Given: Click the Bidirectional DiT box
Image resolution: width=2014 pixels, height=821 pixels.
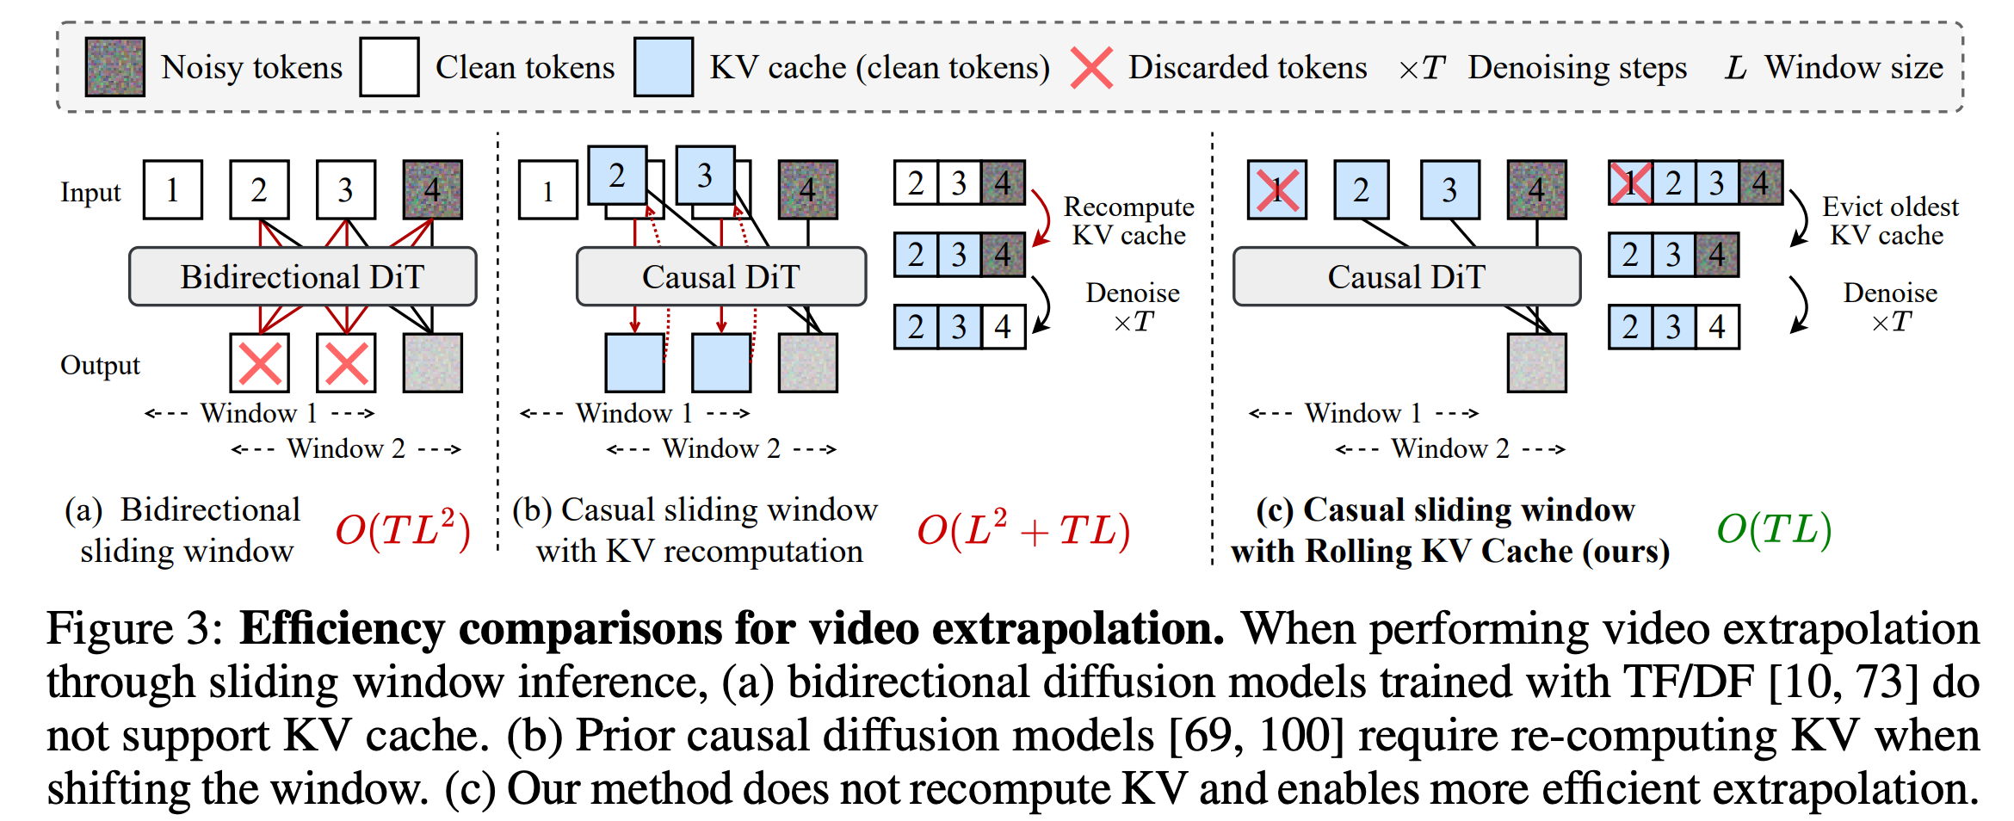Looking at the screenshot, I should pos(302,277).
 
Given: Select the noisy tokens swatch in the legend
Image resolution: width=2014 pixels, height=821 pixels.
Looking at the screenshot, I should pos(114,66).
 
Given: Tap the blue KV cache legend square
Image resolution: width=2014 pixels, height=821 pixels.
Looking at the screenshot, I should pos(663,66).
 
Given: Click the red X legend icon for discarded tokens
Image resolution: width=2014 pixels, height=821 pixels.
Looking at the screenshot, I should pos(1091,67).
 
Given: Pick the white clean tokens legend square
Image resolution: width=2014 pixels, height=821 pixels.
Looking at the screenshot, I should pos(389,66).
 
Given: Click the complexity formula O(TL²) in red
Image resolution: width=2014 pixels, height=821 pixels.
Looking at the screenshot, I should pos(403,529).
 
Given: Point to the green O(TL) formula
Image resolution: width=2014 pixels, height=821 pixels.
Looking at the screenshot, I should pos(1774,528).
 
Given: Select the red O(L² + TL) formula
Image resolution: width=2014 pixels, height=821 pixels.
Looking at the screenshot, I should pos(1022,529).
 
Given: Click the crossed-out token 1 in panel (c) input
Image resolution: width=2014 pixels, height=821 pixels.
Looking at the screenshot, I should pos(1277,189).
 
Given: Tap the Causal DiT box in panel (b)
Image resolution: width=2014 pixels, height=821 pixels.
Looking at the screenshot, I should pos(721,277).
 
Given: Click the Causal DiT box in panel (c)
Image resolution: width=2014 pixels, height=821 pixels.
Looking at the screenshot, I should pos(1406,277).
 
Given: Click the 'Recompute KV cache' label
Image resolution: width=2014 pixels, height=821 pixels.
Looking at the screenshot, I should pos(1128,220).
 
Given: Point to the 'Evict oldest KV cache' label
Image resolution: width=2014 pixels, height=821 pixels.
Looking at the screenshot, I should pos(1889,220).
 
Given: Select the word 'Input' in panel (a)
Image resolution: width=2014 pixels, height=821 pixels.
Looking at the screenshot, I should pos(90,192).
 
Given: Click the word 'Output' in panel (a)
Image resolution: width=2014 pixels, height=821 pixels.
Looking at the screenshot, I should pos(100,365).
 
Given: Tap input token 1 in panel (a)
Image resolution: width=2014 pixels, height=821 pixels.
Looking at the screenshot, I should pos(173,189).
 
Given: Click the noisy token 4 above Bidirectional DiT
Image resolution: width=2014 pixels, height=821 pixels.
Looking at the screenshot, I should pos(433,189).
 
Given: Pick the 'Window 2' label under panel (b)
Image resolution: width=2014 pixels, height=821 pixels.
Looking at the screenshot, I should pos(721,448).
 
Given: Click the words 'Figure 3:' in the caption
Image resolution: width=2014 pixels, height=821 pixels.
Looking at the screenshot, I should pos(135,629).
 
